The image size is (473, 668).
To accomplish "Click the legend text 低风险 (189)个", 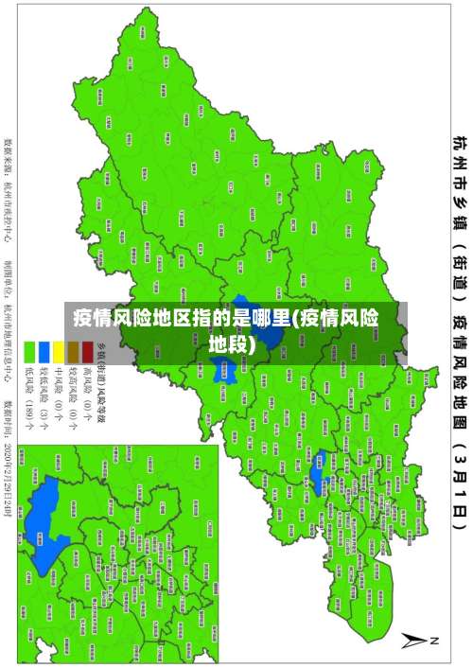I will point(29,402).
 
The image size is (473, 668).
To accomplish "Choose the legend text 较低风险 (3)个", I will point(43,402).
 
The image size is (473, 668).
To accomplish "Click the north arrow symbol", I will point(417,641).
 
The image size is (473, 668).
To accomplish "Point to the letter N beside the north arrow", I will point(436,641).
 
